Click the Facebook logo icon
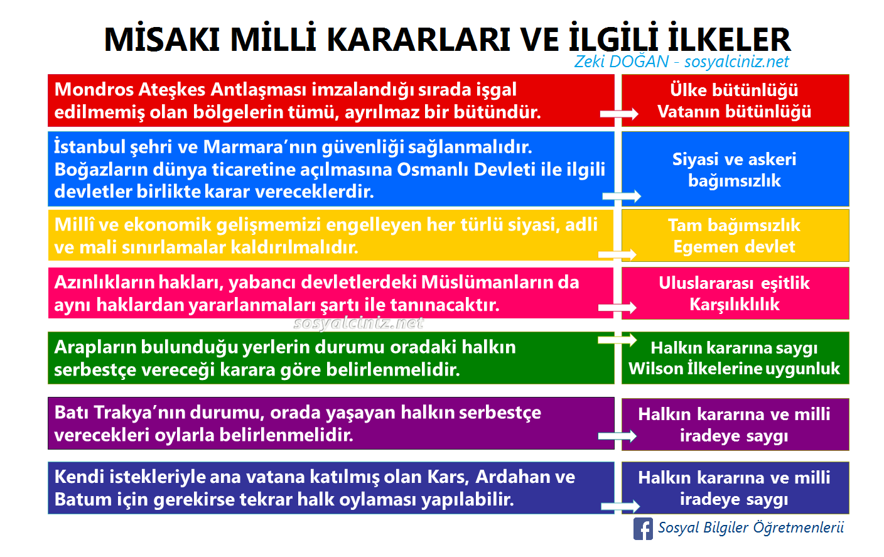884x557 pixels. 643,529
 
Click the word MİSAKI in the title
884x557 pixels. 161,40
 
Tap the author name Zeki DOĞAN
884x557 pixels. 621,62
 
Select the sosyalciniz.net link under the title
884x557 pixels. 736,62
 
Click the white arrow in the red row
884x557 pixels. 619,114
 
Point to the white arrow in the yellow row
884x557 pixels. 618,254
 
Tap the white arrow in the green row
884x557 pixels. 618,340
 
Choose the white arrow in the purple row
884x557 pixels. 618,436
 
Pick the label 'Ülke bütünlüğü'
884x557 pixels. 734,90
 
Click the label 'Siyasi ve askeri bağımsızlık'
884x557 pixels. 734,170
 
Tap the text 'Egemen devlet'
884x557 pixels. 734,247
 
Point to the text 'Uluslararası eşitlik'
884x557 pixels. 734,283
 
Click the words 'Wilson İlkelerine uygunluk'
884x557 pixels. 734,369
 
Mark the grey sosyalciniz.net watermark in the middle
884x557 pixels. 358,323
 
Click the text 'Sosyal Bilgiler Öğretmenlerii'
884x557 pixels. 750,527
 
